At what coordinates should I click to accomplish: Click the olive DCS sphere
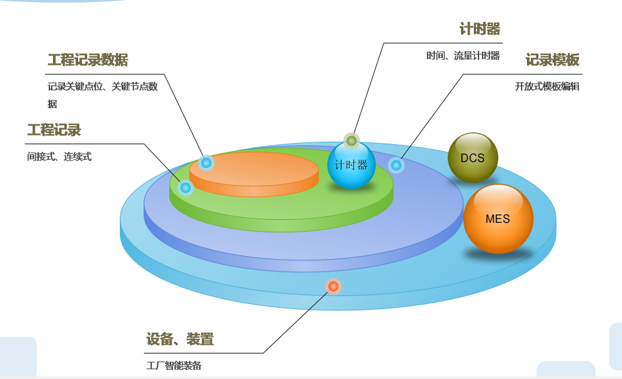tap(473, 157)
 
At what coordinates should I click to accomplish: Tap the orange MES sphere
tap(498, 219)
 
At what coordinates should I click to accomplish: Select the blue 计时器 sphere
tap(352, 165)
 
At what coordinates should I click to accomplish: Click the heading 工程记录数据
tap(88, 60)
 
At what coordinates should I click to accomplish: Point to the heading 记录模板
tap(553, 60)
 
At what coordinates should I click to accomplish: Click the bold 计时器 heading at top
tap(480, 29)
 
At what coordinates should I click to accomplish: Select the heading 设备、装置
tap(180, 339)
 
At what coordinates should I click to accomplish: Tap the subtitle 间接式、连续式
tap(59, 157)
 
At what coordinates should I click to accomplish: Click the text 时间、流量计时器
tap(463, 56)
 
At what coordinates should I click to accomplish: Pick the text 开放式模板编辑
tap(548, 86)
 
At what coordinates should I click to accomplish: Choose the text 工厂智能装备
tap(174, 365)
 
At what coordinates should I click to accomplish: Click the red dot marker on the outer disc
tap(333, 286)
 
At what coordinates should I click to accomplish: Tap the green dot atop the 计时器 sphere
tap(352, 140)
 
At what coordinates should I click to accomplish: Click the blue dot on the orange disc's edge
tap(206, 162)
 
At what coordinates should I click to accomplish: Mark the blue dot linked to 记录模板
tap(396, 165)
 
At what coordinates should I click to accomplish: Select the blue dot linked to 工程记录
tap(185, 187)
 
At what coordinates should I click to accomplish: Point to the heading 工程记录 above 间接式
tap(54, 130)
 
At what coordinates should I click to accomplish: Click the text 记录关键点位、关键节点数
tap(103, 86)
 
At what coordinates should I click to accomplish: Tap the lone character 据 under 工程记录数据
tap(52, 104)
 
